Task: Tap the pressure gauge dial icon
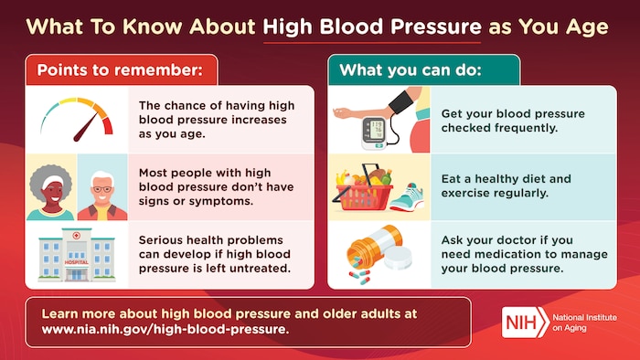(77, 119)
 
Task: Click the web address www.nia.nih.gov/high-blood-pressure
(165, 330)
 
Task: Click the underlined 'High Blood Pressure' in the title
(370, 26)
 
